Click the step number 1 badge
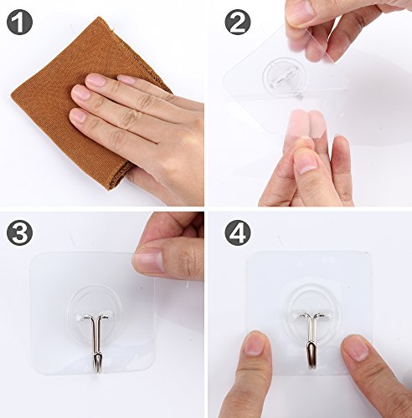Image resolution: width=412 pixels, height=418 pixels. [19, 21]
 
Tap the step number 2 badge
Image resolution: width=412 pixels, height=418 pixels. [238, 21]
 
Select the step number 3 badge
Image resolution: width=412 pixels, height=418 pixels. [19, 232]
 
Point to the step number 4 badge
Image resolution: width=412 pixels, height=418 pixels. [238, 232]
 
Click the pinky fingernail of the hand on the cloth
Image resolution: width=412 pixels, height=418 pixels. [78, 115]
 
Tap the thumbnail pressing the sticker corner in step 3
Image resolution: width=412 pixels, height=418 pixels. [149, 261]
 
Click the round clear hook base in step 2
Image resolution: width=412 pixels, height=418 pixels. [284, 75]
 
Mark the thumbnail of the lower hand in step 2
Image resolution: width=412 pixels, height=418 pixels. [306, 164]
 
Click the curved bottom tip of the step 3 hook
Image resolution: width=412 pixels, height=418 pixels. [96, 370]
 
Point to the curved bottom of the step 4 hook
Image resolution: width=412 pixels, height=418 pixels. [312, 365]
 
